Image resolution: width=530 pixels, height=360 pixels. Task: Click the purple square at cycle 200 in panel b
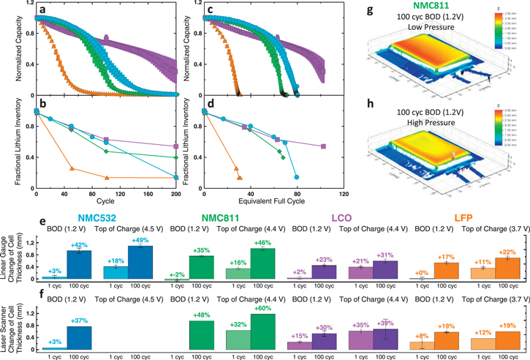pos(175,146)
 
